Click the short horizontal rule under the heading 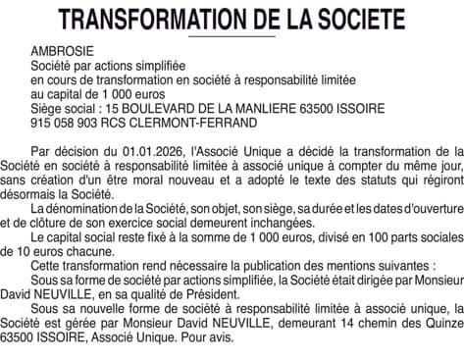(232, 35)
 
